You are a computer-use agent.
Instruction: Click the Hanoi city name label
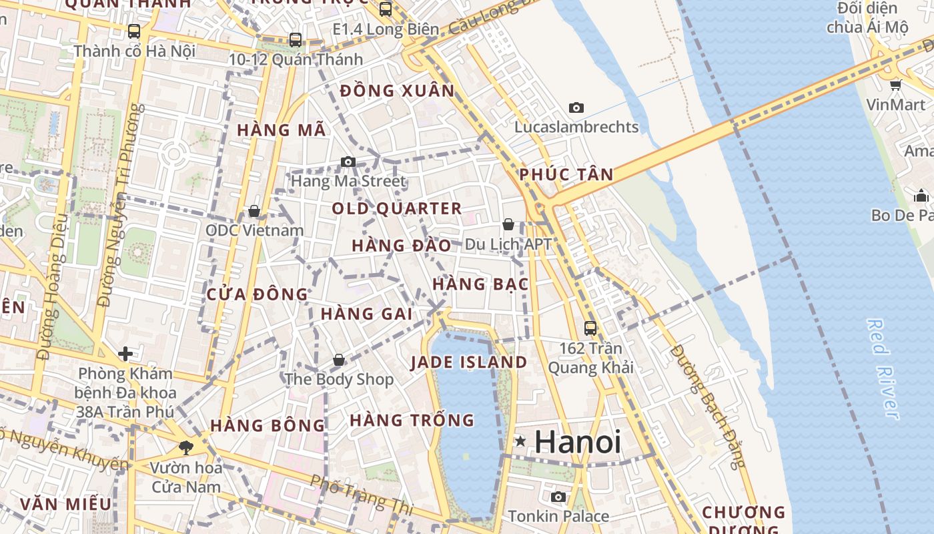click(578, 442)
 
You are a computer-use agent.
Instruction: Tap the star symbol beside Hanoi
click(520, 441)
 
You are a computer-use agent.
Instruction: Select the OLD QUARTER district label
click(397, 208)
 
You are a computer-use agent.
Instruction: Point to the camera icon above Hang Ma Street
click(348, 162)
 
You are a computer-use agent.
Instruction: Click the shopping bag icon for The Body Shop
click(339, 360)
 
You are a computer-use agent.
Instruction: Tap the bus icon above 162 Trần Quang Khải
click(590, 328)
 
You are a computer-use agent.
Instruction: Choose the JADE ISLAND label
click(468, 362)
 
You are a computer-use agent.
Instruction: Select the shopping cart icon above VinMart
click(895, 85)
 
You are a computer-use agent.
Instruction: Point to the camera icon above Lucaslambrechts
click(576, 107)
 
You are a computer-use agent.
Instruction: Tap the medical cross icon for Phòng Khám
click(125, 353)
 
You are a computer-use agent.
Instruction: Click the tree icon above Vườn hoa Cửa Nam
click(186, 447)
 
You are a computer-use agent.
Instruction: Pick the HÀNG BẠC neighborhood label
click(480, 284)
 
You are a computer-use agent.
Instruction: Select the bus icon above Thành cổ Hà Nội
click(134, 31)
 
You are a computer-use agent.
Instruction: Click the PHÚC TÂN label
click(566, 175)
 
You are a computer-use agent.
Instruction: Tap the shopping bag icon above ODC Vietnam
click(254, 211)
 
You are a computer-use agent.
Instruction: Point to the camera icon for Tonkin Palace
click(558, 497)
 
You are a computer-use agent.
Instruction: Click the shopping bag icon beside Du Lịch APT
click(508, 224)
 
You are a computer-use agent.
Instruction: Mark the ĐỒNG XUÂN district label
click(397, 91)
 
